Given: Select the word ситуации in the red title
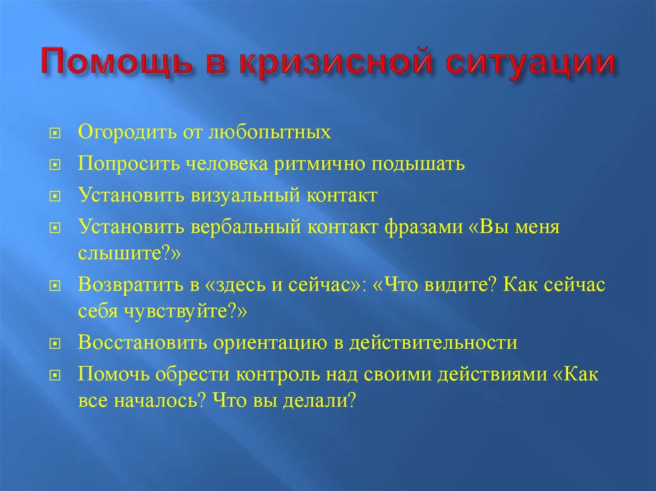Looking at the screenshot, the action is click(530, 63).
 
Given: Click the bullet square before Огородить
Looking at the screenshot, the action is click(55, 133).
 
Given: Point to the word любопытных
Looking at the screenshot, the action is click(270, 132).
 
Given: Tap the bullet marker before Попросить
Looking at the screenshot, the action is click(55, 165).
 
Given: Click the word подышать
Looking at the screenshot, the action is click(418, 164).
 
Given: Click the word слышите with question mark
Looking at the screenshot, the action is click(125, 253).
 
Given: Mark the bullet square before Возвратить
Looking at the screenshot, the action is click(55, 286).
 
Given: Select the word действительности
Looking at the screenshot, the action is click(434, 342).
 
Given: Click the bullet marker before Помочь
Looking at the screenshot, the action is click(55, 375).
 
